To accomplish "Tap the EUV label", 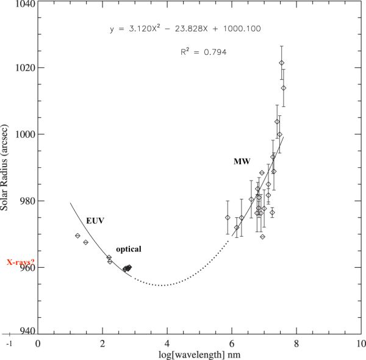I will pos(94,220).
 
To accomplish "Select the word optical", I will pos(129,249).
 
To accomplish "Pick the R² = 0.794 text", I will pos(204,52).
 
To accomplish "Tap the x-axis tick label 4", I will pos(167,344).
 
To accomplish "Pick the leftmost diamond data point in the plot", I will pos(77,236).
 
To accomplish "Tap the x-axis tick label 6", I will pos(232,344).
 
